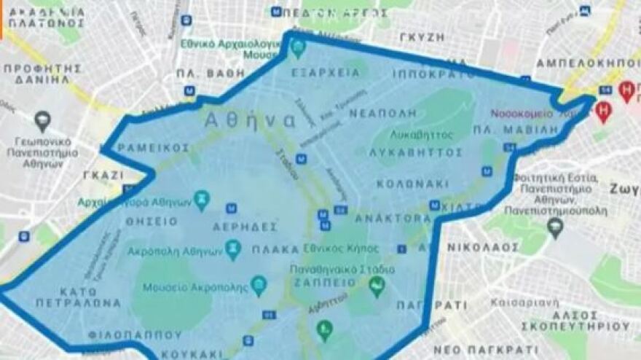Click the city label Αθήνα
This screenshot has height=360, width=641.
coord(250,120)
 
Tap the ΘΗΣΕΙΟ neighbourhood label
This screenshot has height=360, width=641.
coord(151,221)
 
